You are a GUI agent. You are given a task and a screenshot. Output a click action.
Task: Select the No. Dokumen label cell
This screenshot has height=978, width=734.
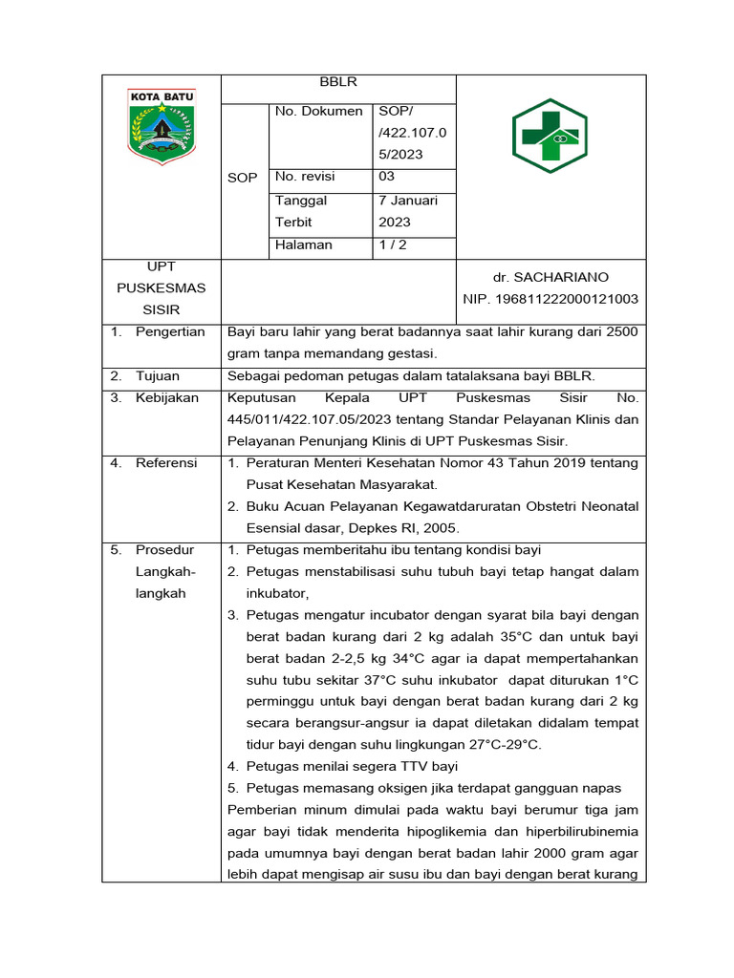coord(318,111)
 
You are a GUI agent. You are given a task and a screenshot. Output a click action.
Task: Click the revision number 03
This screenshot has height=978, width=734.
coord(387,177)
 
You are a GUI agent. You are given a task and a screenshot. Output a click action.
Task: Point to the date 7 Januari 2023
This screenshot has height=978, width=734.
coord(408,211)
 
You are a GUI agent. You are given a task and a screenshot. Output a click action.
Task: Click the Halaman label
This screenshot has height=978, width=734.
coord(304,244)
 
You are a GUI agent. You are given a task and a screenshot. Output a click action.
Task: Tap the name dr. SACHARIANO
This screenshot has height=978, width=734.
coord(550,277)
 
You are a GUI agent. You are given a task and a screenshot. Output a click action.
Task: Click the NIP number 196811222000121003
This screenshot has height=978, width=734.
coord(550,299)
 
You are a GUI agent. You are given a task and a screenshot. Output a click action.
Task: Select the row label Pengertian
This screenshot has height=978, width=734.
coord(170,331)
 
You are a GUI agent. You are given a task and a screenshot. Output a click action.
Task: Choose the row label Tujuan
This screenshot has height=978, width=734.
coord(158,375)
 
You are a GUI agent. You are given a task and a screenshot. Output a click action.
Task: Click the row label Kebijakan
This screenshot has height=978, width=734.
coord(167,397)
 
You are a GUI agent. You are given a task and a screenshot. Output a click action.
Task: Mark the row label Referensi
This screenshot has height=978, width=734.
coord(166,462)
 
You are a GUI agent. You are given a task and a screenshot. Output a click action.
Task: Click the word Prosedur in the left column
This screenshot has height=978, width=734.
coord(165,550)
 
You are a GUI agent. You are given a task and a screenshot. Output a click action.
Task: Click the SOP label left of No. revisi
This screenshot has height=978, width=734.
coord(243,178)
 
